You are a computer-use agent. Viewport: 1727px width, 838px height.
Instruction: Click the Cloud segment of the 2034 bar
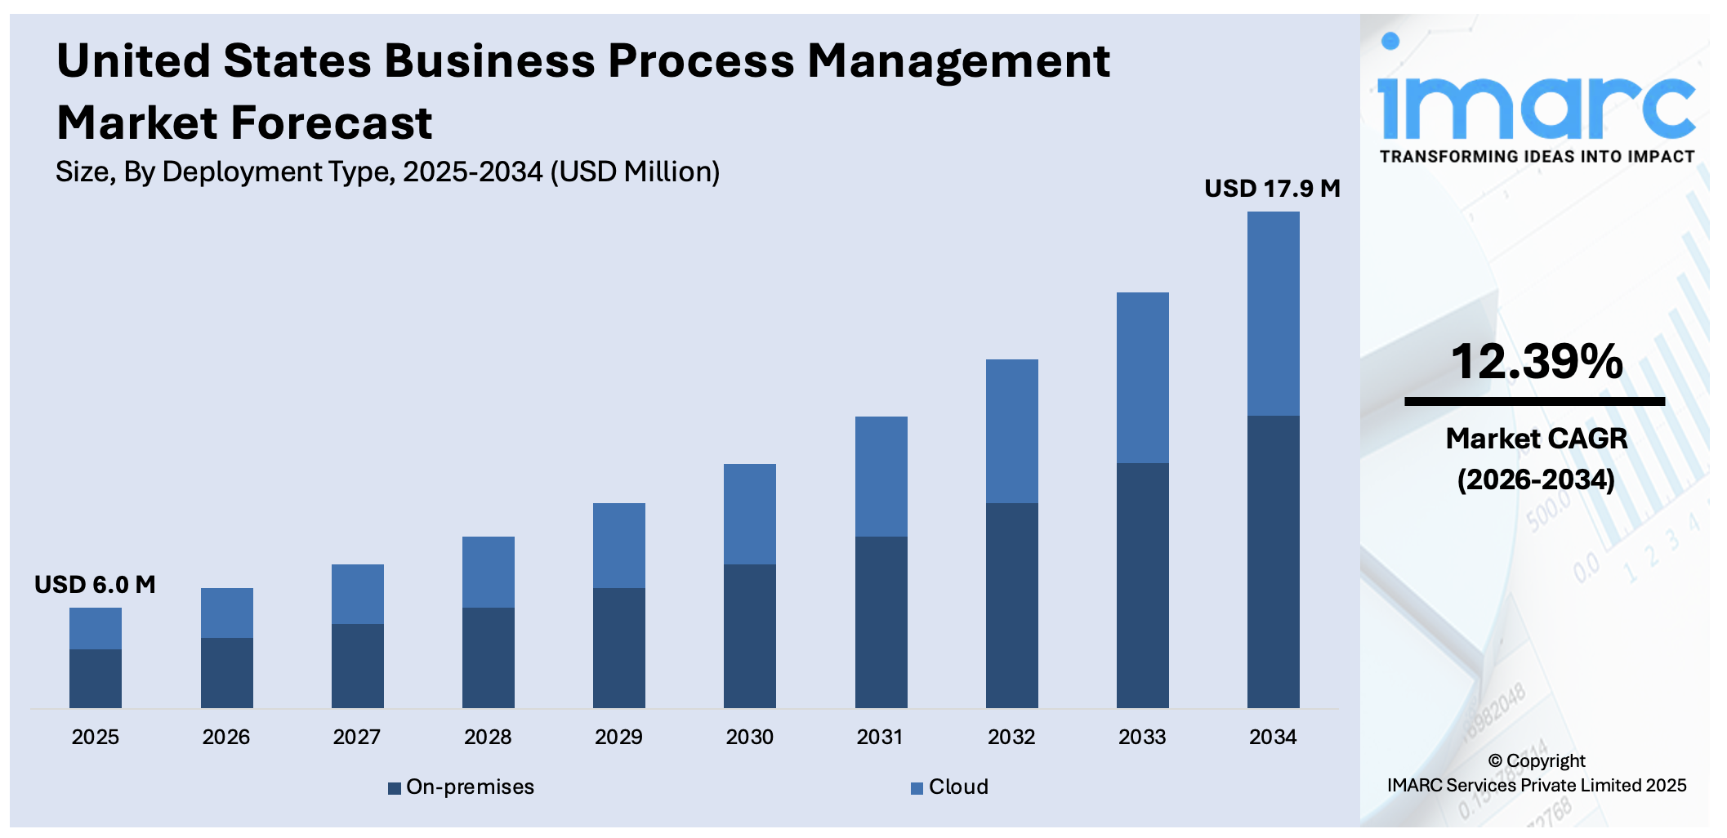point(1273,314)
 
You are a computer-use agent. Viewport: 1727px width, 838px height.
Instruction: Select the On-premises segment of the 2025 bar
point(96,678)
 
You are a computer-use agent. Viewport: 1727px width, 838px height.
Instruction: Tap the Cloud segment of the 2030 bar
point(749,514)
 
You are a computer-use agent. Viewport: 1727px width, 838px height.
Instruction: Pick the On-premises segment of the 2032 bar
point(1011,604)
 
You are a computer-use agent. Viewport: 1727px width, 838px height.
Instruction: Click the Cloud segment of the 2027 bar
point(357,594)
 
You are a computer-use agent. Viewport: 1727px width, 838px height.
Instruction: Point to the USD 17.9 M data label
point(1272,189)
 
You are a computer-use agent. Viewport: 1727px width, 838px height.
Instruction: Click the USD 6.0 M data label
point(95,585)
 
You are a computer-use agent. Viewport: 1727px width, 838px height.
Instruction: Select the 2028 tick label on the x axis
point(488,738)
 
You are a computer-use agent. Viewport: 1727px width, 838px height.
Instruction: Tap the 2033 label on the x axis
point(1142,738)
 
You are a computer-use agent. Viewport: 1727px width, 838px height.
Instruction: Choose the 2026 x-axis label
point(226,738)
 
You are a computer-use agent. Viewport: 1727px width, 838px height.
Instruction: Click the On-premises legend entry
point(462,787)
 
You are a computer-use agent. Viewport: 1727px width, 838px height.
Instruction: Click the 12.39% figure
point(1536,362)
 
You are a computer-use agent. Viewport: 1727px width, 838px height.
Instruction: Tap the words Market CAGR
point(1536,439)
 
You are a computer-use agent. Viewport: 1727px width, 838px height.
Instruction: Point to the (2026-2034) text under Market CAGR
point(1536,479)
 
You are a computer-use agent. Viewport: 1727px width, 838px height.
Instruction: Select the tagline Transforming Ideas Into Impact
point(1536,157)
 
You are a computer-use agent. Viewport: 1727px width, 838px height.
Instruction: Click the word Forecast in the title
point(331,123)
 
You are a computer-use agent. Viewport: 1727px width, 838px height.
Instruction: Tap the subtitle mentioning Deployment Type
point(387,172)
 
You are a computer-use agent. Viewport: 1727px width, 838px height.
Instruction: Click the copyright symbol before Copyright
point(1495,761)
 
